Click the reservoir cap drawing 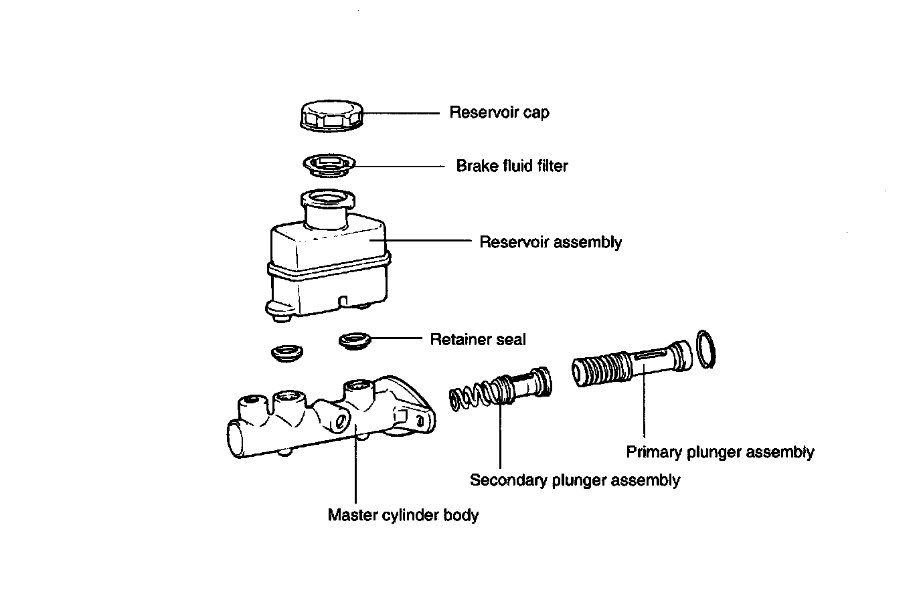click(331, 115)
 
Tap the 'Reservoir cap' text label click(499, 112)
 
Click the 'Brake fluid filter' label click(511, 166)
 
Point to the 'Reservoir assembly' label click(550, 242)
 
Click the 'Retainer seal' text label click(477, 340)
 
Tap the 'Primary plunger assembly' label click(720, 452)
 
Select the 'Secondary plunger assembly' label click(574, 480)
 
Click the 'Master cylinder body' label click(403, 516)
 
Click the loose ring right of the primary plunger click(707, 348)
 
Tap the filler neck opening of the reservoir click(327, 199)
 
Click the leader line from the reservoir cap click(401, 113)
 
